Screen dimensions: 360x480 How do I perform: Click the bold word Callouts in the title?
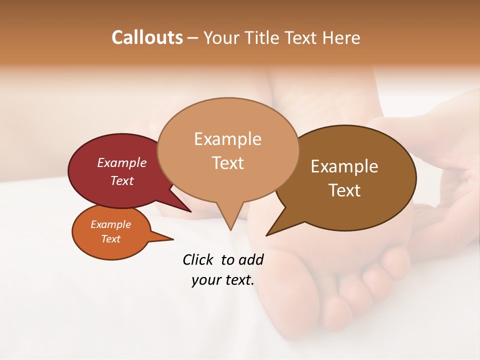tap(147, 37)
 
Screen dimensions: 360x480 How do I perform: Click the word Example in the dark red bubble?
tap(122, 162)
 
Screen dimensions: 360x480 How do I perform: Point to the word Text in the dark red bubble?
tap(122, 180)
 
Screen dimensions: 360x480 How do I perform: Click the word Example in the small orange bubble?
tap(110, 224)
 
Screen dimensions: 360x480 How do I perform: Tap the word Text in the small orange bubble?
tap(110, 239)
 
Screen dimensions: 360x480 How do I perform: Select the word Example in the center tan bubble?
tap(227, 138)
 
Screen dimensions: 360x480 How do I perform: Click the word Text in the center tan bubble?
tap(227, 162)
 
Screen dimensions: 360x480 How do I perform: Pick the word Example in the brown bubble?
tap(344, 166)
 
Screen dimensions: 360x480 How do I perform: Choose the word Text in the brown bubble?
tap(344, 190)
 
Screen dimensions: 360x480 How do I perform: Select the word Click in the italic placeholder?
tap(198, 259)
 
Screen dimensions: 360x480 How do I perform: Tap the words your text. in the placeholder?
tap(223, 280)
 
